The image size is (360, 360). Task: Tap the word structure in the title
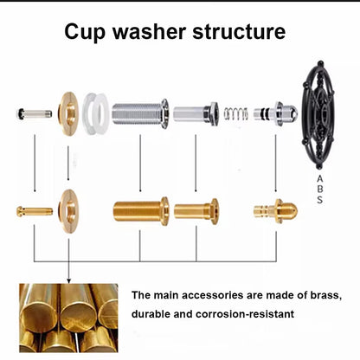[x=244, y=33]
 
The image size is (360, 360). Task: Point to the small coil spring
[x=235, y=112]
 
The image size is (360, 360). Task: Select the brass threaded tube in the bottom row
[x=141, y=210]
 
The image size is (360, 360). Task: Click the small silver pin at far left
[x=35, y=113]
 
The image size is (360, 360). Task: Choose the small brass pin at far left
[x=35, y=210]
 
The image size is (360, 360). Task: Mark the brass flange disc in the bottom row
[x=67, y=209]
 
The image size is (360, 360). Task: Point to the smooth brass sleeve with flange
[x=196, y=210]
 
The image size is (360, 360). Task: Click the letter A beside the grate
[x=319, y=179]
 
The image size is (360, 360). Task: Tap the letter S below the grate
[x=319, y=200]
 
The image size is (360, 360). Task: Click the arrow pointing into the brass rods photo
[x=67, y=277]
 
